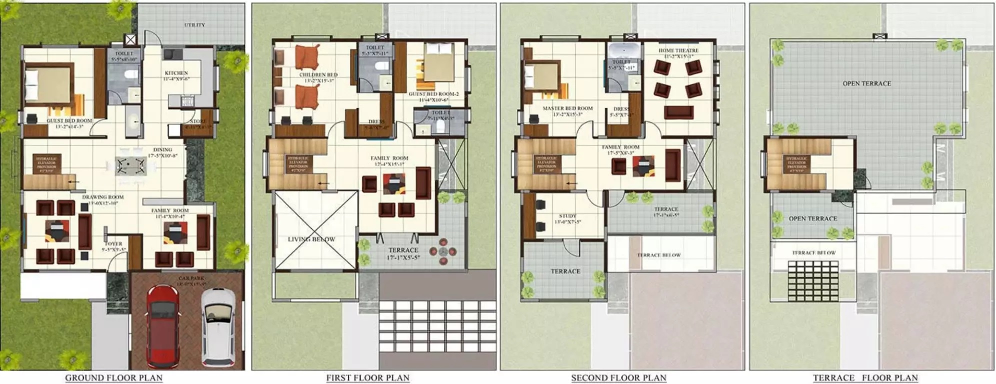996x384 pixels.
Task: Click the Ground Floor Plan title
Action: coord(114,377)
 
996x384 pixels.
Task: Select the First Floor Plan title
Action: coord(368,377)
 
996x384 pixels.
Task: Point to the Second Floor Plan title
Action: coord(619,377)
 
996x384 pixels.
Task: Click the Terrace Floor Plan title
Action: coord(865,377)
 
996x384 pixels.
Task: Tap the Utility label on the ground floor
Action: coord(194,25)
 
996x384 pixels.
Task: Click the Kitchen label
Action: coord(176,73)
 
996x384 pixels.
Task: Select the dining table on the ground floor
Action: coord(131,165)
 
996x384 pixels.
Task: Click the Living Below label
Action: coord(311,239)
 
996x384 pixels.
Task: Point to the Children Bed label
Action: coord(318,75)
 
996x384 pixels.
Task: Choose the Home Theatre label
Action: coord(678,51)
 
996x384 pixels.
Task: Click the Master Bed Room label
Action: coord(568,108)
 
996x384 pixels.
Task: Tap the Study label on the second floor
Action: coord(568,216)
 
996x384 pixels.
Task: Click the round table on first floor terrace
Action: coord(443,251)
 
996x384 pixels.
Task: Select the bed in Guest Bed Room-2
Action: coord(438,62)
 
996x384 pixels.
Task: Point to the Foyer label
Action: coord(114,244)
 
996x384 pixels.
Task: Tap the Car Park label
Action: coord(191,278)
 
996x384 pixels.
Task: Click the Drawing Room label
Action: coord(103,197)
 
